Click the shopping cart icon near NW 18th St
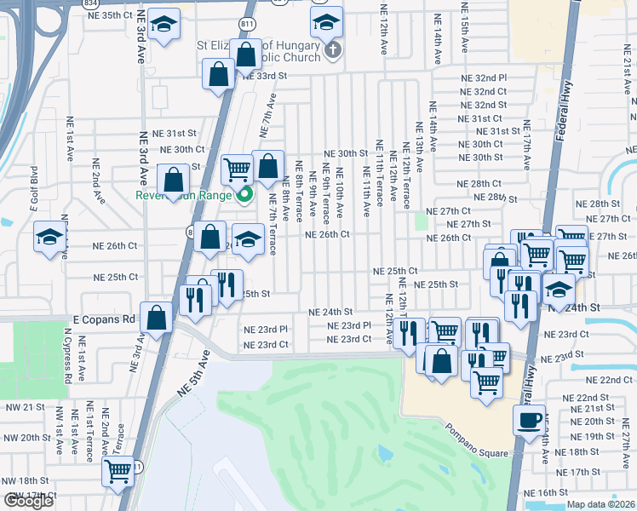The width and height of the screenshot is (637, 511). tap(118, 471)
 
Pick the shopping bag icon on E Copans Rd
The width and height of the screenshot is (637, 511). tap(158, 319)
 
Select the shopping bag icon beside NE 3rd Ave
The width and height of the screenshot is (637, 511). tap(173, 181)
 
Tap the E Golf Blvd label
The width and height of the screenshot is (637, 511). tap(34, 188)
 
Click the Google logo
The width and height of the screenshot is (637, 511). tap(29, 501)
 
